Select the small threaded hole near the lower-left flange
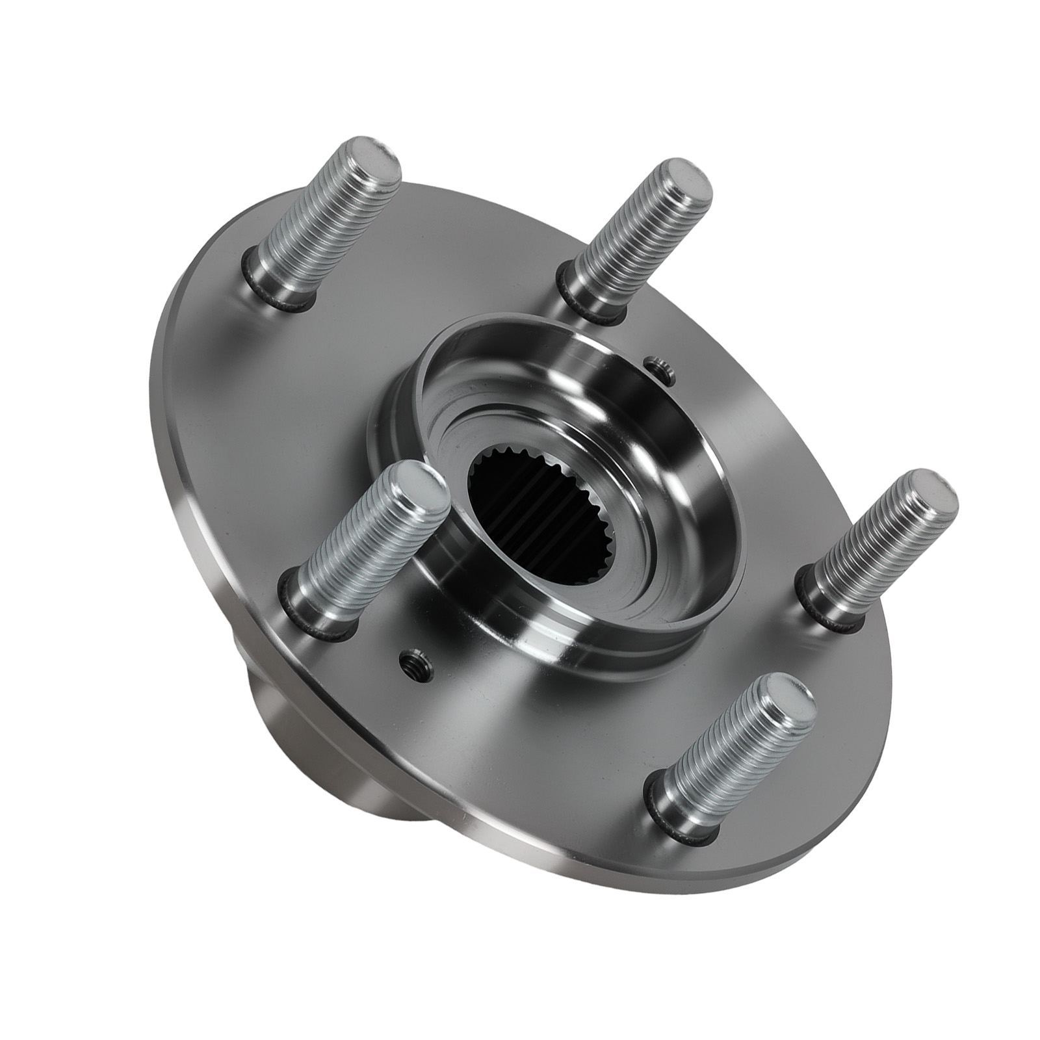point(412,673)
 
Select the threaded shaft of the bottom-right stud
point(728,747)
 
